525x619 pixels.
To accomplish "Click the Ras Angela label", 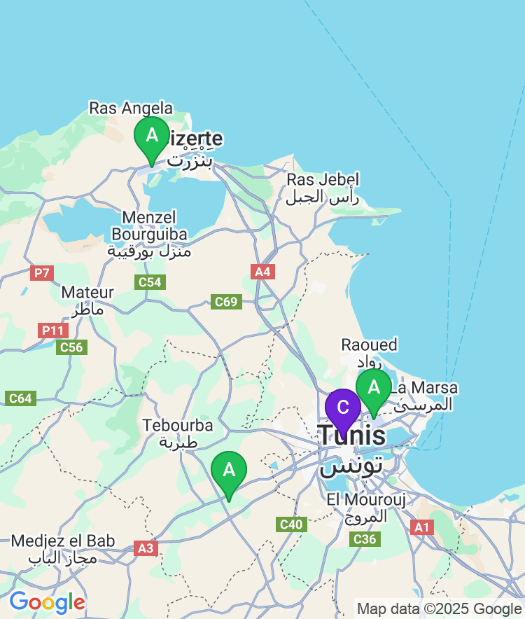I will pos(131,108).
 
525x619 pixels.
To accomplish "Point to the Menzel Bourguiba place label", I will pos(148,234).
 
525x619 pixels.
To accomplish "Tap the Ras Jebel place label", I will pos(323,188).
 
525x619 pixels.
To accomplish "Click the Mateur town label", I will pos(87,300).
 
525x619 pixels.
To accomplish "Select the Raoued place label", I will pos(369,352).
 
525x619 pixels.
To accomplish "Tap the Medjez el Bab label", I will pos(63,549).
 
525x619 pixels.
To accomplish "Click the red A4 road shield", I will pos(262,272).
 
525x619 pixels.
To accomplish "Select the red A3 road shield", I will pos(146,548).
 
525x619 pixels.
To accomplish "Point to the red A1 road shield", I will pos(421,527).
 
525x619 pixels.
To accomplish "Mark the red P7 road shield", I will pos(42,273).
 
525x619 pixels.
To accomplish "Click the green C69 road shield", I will pos(226,302).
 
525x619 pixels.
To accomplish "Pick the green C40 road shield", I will pos(291,524).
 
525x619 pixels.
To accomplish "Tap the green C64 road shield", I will pos(20,398).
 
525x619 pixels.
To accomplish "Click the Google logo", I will pos(47,601).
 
